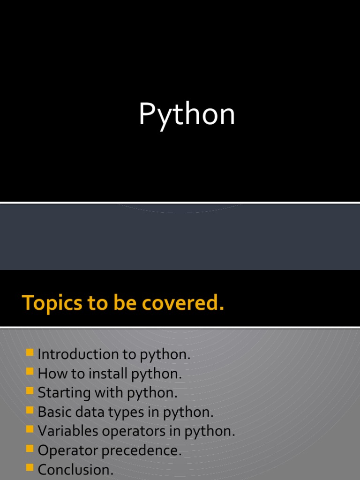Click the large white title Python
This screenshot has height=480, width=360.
coord(187,115)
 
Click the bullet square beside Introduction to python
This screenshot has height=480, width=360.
coord(30,352)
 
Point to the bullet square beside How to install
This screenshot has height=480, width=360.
coord(30,372)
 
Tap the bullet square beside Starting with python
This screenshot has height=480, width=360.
coord(30,391)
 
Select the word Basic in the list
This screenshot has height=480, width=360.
coord(52,412)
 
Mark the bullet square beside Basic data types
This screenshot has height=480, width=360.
coord(30,410)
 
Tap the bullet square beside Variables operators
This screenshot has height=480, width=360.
coord(30,429)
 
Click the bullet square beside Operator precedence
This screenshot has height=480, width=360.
coord(30,449)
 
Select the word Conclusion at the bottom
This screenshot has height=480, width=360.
coord(75,469)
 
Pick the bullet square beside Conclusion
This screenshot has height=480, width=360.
coord(30,468)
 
